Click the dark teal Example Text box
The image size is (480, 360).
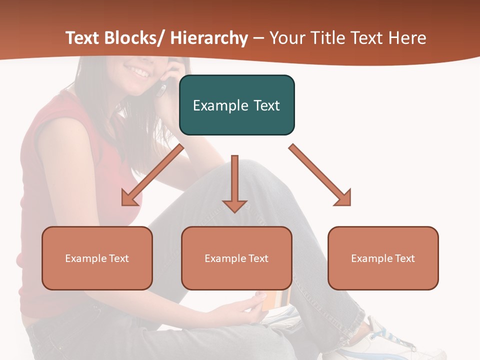coord(236,105)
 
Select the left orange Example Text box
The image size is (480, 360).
coord(97,258)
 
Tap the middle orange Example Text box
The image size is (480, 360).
coord(236,258)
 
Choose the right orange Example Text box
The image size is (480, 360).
coord(383,258)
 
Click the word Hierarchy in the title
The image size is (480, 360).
coord(209,38)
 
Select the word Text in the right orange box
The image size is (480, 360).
coord(404,258)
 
